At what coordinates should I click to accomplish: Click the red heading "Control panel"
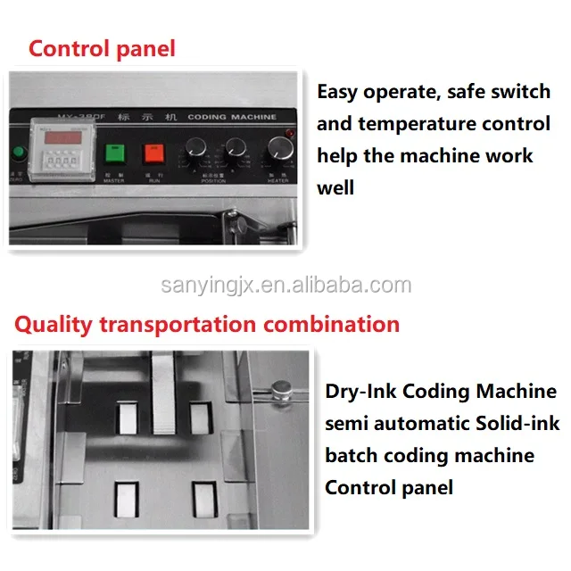pyautogui.click(x=102, y=48)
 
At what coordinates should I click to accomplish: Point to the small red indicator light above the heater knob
pyautogui.click(x=287, y=134)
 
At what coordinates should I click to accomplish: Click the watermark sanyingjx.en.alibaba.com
pyautogui.click(x=285, y=285)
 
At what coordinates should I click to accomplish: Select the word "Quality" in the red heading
pyautogui.click(x=53, y=324)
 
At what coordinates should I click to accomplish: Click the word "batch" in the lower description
pyautogui.click(x=351, y=456)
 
